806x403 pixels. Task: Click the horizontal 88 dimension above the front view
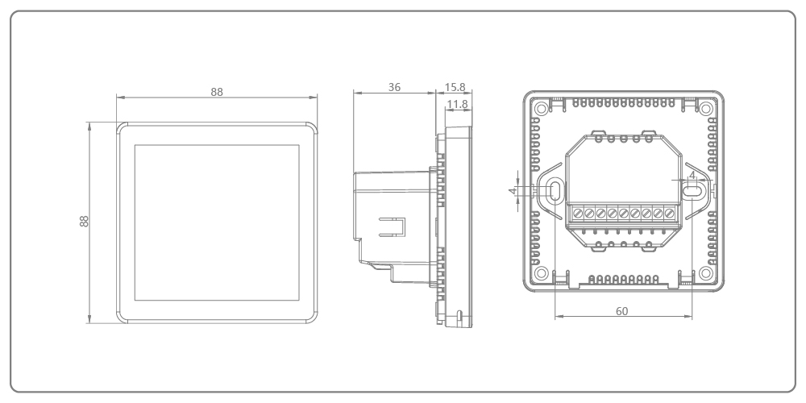(x=216, y=92)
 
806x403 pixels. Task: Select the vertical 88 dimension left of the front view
(x=83, y=221)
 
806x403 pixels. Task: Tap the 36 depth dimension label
(x=394, y=87)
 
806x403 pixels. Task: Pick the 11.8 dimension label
(x=457, y=104)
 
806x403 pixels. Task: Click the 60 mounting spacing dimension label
(x=621, y=310)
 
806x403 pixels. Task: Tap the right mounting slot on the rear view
(x=692, y=190)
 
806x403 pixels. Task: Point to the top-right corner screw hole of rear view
(x=705, y=108)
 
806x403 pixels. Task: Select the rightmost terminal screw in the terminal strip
(x=669, y=214)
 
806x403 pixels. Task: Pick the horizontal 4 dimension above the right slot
(x=692, y=174)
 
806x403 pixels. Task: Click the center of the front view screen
(x=216, y=222)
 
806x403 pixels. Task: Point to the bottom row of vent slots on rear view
(x=622, y=279)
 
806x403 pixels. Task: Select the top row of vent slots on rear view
(x=622, y=105)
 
